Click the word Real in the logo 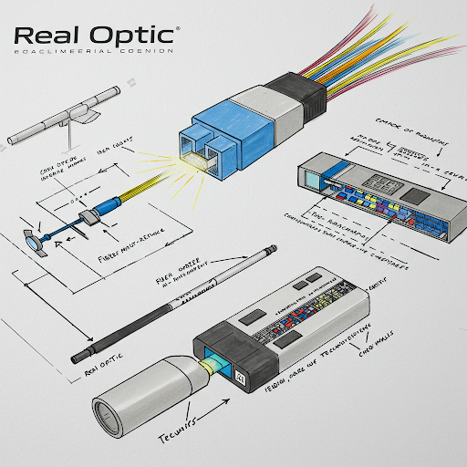click(x=47, y=36)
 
